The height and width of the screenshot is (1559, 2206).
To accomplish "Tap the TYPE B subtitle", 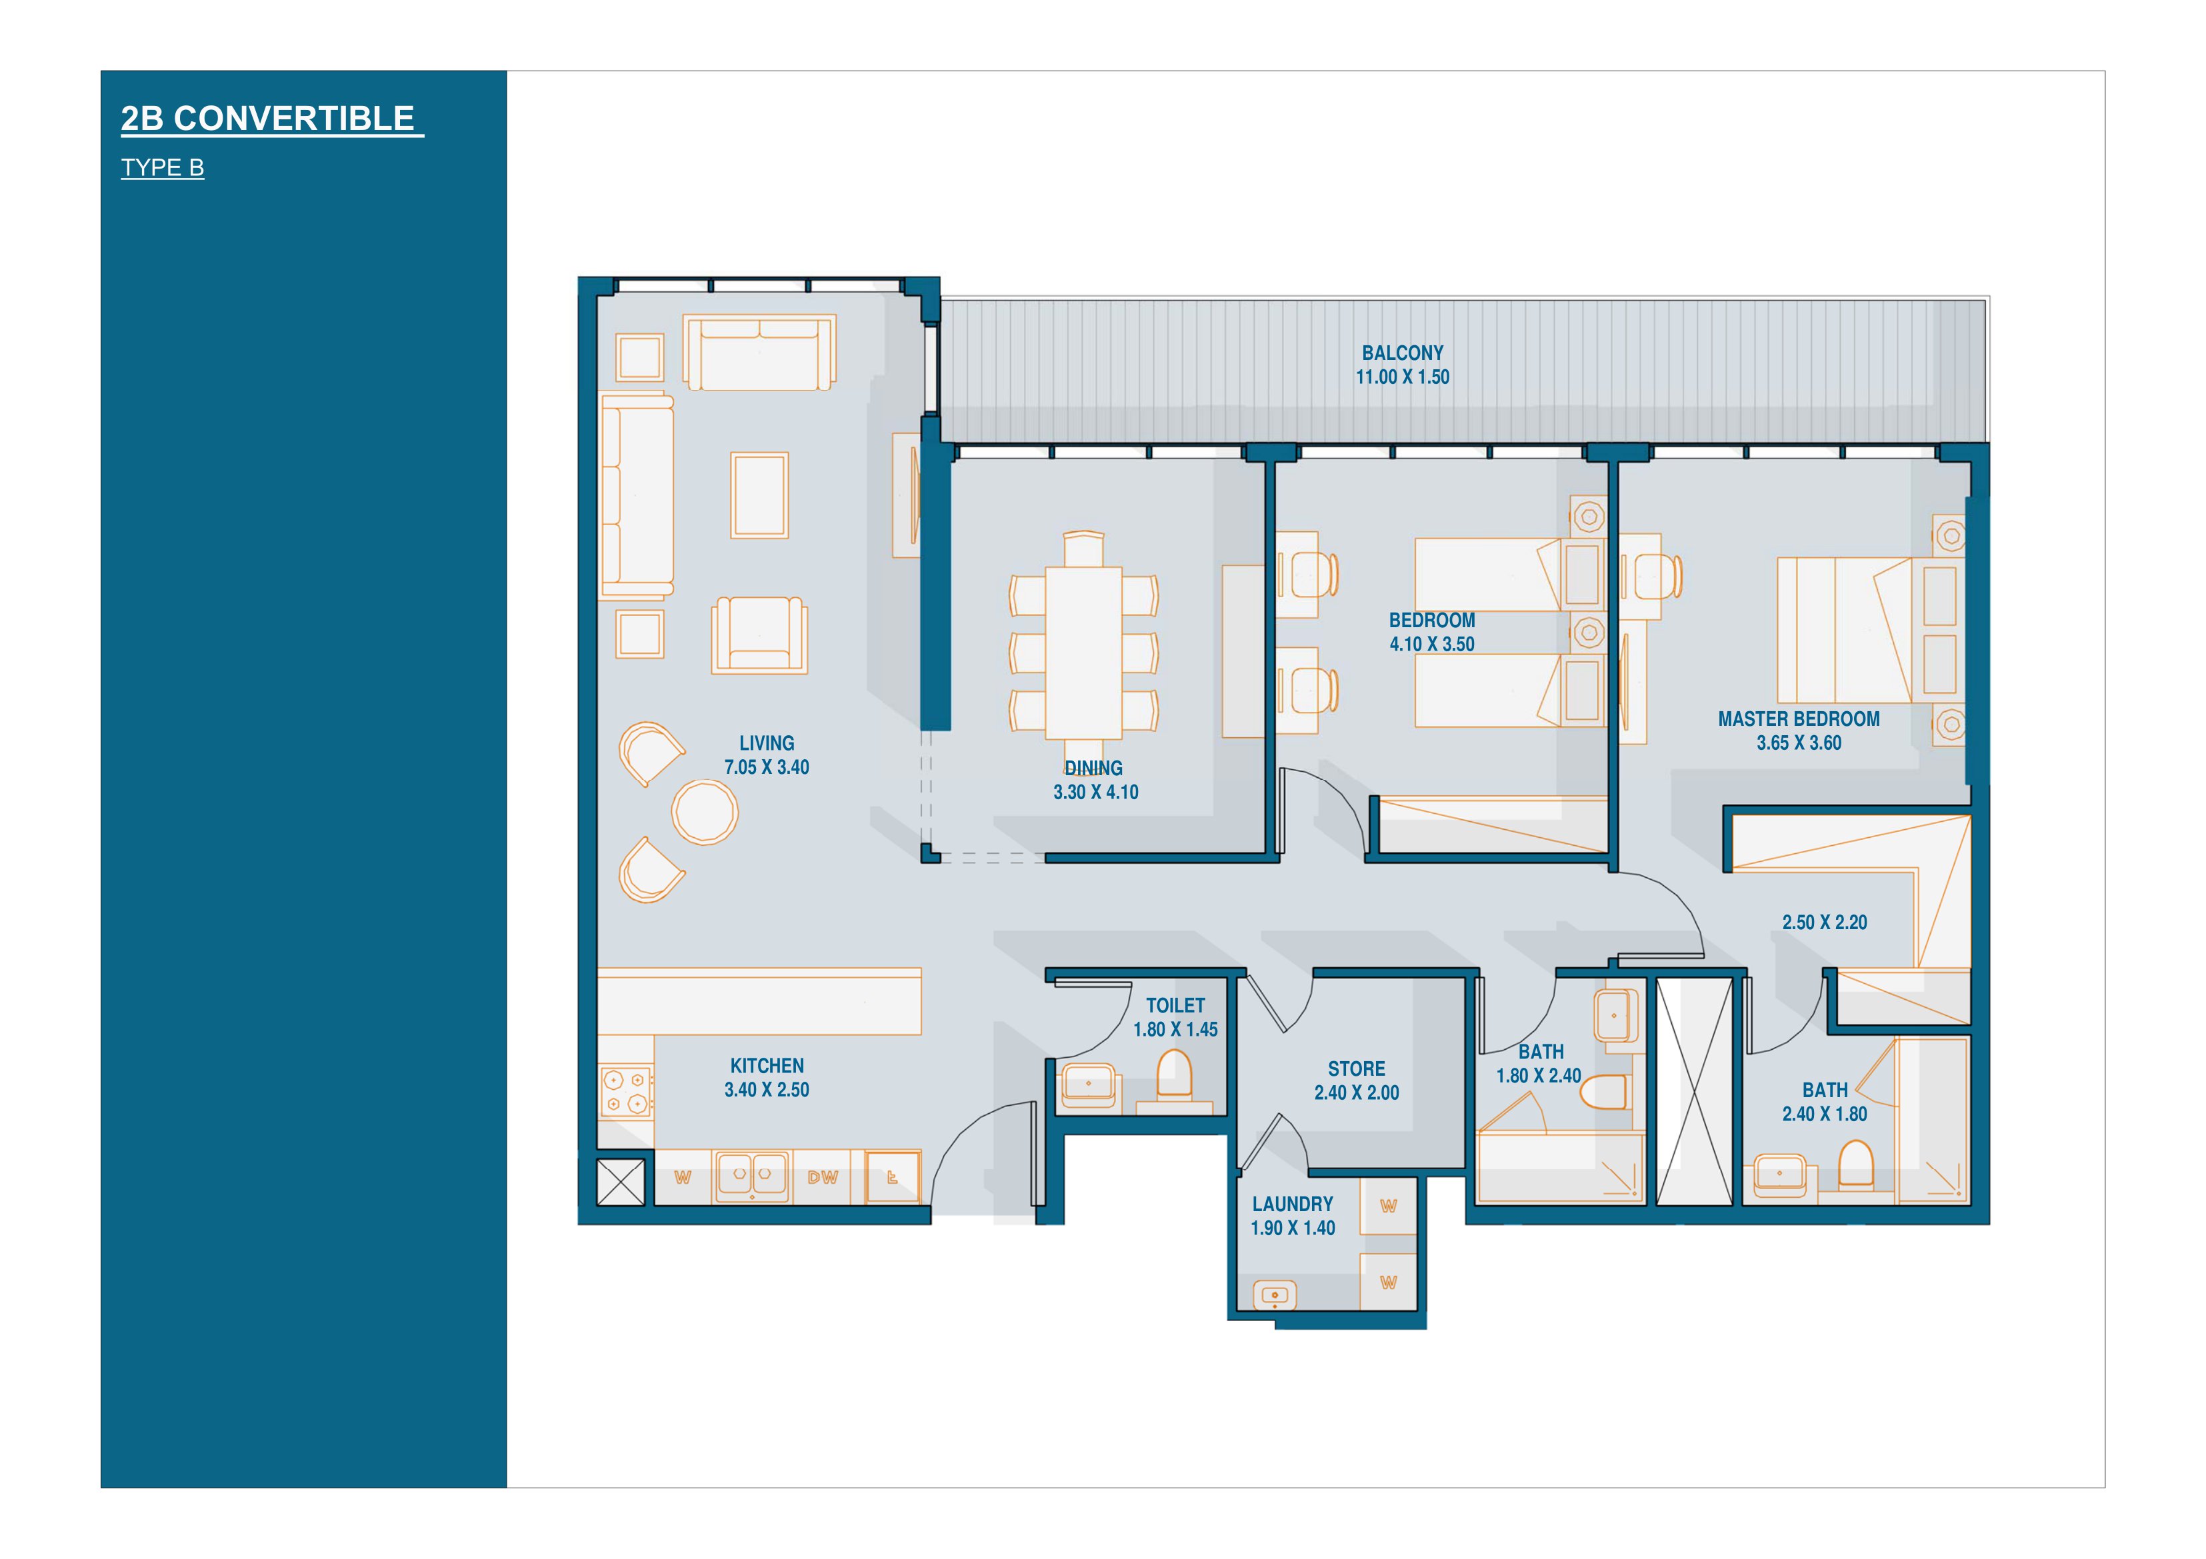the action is point(163,168).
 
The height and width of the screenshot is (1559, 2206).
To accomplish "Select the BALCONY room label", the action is point(1402,353).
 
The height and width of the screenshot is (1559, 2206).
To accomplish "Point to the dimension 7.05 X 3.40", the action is point(767,767).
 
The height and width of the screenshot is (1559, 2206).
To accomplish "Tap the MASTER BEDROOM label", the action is point(1799,719).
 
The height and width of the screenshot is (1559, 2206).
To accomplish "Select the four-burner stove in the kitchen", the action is point(625,1093).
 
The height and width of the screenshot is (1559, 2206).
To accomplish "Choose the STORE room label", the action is point(1357,1068).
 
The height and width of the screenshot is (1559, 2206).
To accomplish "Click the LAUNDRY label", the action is point(1292,1204).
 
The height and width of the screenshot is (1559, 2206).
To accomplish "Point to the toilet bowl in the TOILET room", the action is point(1173,1075).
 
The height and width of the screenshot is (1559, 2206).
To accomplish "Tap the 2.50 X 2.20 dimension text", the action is point(1825,922).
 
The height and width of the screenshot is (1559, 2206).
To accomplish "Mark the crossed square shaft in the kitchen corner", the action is point(621,1182).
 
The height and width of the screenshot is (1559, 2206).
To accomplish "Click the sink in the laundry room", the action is point(1275,1295).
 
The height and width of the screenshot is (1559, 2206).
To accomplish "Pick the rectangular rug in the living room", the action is point(759,496).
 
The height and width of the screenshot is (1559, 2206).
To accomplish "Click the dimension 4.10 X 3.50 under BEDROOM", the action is point(1431,644).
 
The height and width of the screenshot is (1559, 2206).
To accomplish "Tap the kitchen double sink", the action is point(752,1175).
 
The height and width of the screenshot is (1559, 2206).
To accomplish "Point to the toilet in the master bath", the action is point(1856,1164).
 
